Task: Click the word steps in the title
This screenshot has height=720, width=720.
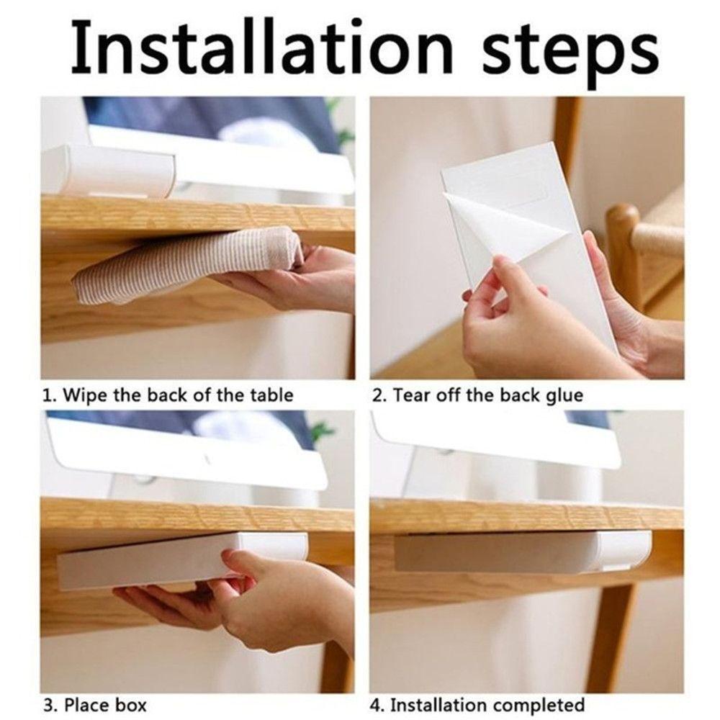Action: pyautogui.click(x=570, y=53)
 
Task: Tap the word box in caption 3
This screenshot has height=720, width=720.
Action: pyautogui.click(x=130, y=704)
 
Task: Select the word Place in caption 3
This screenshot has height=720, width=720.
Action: pyautogui.click(x=86, y=704)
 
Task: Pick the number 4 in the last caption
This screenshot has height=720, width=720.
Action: pyautogui.click(x=375, y=705)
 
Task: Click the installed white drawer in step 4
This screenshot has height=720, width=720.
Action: pyautogui.click(x=523, y=550)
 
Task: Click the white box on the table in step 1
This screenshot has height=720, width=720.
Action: pyautogui.click(x=108, y=170)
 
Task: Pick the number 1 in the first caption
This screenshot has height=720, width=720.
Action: pyautogui.click(x=47, y=395)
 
